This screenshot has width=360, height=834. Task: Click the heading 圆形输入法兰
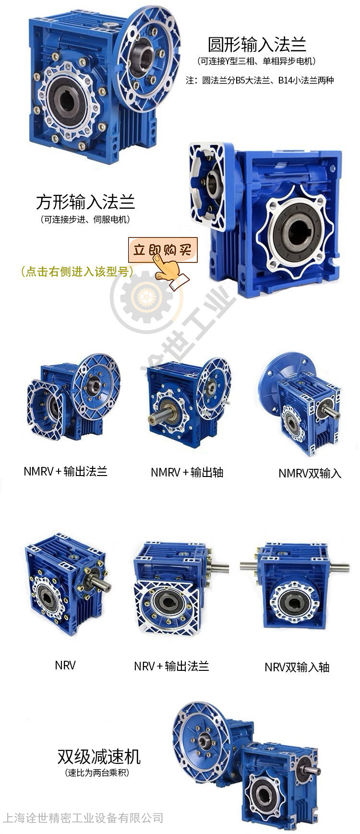click(x=257, y=45)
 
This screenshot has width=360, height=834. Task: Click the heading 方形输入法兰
click(x=85, y=202)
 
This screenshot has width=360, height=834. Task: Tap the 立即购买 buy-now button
click(x=163, y=250)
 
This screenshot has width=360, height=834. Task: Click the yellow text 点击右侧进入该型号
click(x=77, y=272)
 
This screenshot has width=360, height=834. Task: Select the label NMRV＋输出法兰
click(x=65, y=471)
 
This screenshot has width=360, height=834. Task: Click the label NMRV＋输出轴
click(x=187, y=472)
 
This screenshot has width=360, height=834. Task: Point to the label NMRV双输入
click(x=310, y=473)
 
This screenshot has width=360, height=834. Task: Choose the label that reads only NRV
click(x=65, y=665)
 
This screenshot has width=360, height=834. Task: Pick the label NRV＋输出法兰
click(x=171, y=666)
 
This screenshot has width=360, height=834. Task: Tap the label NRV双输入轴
click(x=297, y=667)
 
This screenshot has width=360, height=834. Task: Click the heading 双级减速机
click(x=99, y=757)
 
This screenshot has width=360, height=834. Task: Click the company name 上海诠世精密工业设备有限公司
click(x=83, y=818)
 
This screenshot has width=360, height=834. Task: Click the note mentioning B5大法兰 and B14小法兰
click(x=260, y=80)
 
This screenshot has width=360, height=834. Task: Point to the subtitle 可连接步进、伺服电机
click(x=85, y=220)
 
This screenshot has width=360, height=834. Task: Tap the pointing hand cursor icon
click(x=169, y=272)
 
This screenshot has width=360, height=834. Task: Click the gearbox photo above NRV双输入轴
click(x=295, y=585)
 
